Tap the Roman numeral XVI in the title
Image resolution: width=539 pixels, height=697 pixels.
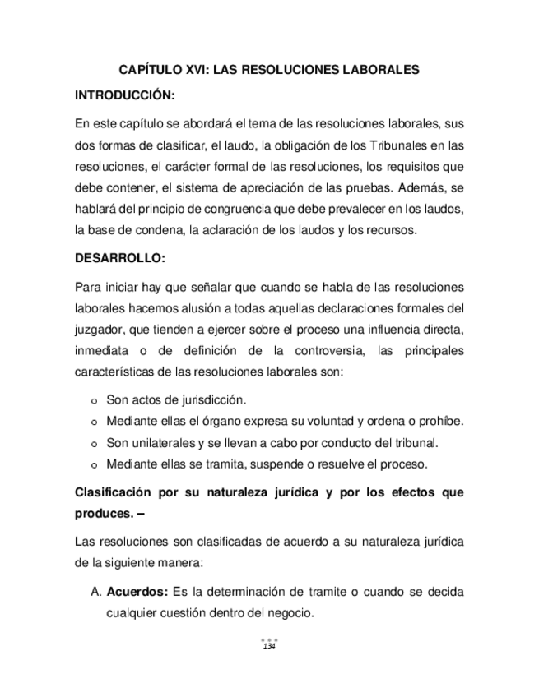point(209,71)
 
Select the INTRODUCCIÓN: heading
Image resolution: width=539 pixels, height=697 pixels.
point(125,97)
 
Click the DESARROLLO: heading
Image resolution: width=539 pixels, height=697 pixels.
point(120,259)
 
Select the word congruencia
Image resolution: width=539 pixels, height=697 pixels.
point(246,210)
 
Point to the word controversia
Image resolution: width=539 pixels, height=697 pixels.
point(323,352)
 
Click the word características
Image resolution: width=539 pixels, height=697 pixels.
point(113,373)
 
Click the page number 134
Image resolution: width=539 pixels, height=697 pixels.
point(269,647)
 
